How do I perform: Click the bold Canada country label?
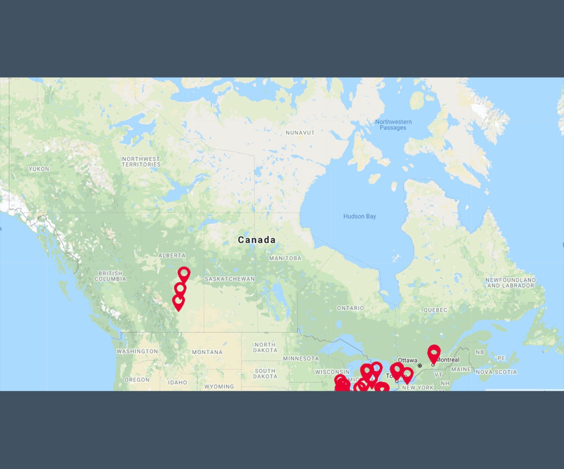click(256, 240)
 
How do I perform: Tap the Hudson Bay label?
click(360, 216)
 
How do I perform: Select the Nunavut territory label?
click(300, 132)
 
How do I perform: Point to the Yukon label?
click(39, 169)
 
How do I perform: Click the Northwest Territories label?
click(141, 161)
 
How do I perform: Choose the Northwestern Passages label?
click(393, 125)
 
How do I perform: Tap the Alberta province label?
click(172, 255)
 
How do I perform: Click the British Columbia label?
click(110, 276)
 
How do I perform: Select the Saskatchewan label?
click(230, 279)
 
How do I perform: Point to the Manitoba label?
click(285, 258)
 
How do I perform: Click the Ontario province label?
click(350, 308)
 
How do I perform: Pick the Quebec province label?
click(435, 310)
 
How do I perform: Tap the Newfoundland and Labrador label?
click(510, 282)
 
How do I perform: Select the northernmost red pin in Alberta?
click(184, 274)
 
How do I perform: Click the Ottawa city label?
click(407, 360)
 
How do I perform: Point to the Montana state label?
click(207, 352)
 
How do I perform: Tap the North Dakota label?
click(265, 348)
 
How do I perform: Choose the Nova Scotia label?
click(496, 372)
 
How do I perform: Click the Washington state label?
click(137, 351)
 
